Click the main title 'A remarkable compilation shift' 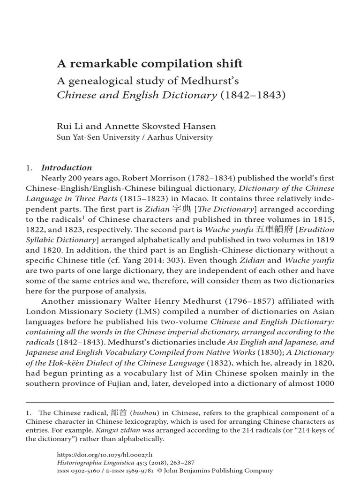(x=150, y=64)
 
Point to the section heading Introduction (x=67, y=168)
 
